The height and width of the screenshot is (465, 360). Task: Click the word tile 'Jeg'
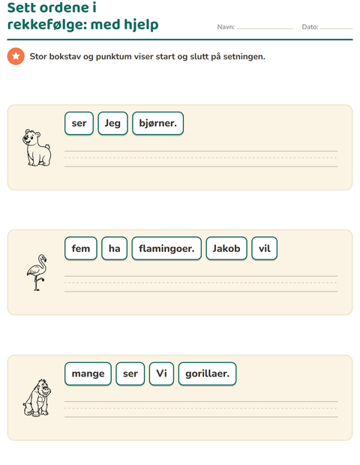click(112, 123)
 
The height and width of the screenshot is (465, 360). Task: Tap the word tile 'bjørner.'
click(157, 123)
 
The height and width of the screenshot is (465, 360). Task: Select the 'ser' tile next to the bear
click(79, 123)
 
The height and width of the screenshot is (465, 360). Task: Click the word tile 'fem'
click(81, 248)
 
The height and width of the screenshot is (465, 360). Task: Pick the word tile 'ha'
click(114, 248)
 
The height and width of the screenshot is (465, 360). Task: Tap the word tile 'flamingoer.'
click(166, 248)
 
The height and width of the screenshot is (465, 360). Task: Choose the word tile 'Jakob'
click(226, 248)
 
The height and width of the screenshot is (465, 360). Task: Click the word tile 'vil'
click(264, 248)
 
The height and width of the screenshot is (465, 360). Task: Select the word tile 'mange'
click(88, 373)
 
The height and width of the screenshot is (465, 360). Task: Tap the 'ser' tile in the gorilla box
click(130, 373)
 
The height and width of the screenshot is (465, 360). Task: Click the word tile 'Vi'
click(161, 373)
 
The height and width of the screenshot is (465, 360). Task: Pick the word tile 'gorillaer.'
click(207, 373)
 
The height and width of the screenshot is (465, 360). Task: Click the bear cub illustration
click(37, 148)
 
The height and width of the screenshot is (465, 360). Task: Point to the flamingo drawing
click(37, 272)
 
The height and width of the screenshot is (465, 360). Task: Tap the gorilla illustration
click(37, 398)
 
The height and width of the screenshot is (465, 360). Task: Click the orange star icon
click(16, 56)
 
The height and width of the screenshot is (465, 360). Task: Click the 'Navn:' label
click(226, 27)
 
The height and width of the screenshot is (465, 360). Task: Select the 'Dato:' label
click(310, 27)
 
